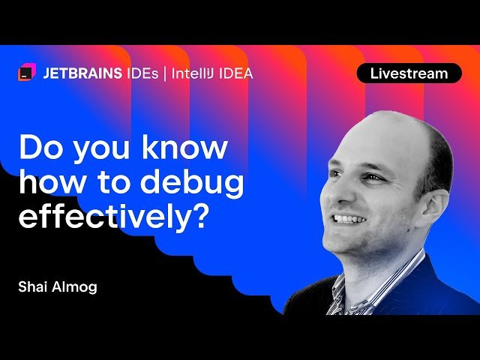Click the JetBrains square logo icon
tap(27, 73)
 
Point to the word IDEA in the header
tap(236, 73)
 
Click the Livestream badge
tap(409, 73)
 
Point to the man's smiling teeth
tap(349, 219)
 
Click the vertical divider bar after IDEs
tap(165, 73)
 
